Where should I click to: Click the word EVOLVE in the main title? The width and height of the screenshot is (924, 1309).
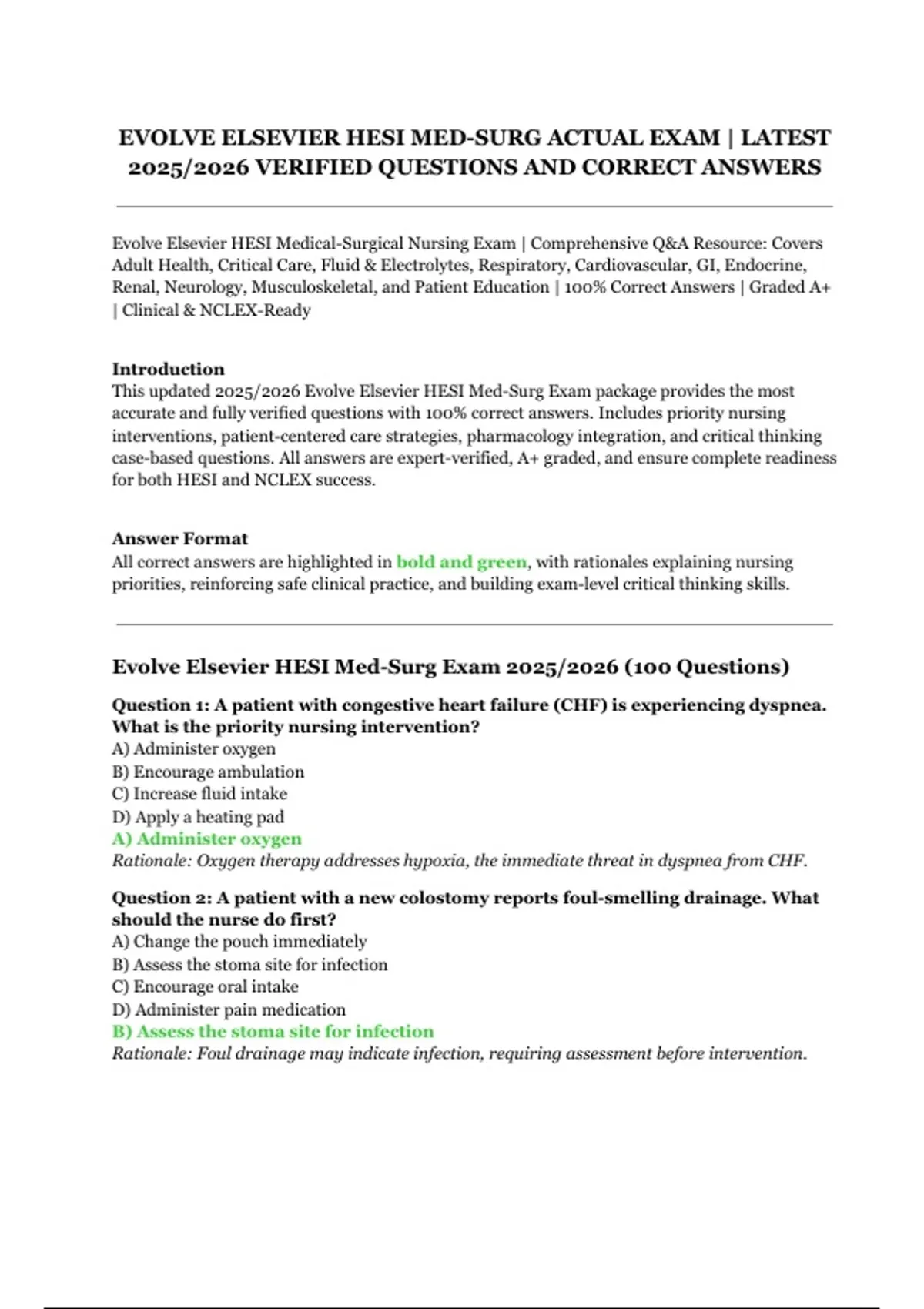tap(166, 138)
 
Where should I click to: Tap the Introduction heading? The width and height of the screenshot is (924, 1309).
tap(168, 369)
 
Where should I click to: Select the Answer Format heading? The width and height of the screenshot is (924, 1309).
tap(179, 539)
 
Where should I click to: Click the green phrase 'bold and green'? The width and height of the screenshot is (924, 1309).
tap(461, 562)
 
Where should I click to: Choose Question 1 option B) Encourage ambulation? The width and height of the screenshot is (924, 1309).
tap(208, 772)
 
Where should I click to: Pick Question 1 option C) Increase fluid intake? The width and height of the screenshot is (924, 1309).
tap(199, 794)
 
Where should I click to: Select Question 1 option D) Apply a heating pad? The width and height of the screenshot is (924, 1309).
tap(198, 817)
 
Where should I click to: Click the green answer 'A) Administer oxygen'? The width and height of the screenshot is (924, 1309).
tap(206, 839)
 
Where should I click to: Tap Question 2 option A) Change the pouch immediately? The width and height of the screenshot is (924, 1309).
tap(239, 942)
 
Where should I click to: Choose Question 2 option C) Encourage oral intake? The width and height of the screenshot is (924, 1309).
tap(205, 986)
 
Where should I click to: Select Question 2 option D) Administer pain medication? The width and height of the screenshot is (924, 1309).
tap(229, 1009)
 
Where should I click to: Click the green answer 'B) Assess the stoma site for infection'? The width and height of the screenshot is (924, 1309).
tap(273, 1032)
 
